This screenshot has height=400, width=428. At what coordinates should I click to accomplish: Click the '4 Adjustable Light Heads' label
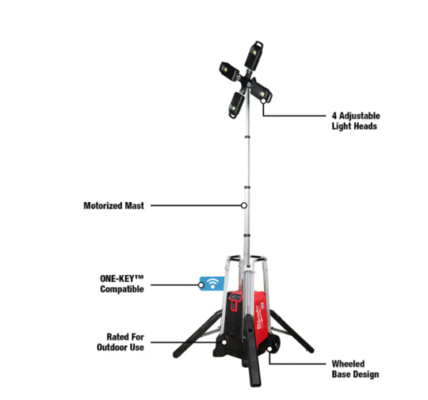tap(356, 121)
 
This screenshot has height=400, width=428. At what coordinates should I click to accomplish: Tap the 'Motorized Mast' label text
tap(113, 206)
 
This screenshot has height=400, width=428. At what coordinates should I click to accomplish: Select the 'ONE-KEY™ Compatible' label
tap(122, 284)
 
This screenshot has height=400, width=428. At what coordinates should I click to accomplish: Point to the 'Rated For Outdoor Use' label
tap(121, 342)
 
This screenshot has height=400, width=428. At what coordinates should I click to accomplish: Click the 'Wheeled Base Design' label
tap(355, 369)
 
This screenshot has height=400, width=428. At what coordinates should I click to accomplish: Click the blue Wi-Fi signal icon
tap(213, 284)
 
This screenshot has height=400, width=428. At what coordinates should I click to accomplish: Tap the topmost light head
tap(254, 55)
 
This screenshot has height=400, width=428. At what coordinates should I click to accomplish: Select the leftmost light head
tap(230, 71)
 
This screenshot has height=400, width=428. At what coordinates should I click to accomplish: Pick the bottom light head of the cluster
tap(236, 105)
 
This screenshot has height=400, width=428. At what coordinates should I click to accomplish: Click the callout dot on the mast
tap(244, 205)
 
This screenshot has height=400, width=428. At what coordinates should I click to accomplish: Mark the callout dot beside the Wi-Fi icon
tap(201, 285)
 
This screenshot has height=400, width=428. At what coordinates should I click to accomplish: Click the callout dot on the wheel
tap(270, 349)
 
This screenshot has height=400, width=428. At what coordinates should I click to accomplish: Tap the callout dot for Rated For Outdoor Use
tap(224, 342)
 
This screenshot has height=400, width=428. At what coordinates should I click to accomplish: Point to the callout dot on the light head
tap(263, 101)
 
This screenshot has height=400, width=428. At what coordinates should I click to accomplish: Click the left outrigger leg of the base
tap(197, 334)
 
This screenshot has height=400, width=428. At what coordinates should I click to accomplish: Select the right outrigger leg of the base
tap(292, 331)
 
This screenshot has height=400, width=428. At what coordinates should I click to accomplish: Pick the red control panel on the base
tap(234, 301)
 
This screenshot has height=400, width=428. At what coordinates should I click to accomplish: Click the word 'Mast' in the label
tap(134, 206)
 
